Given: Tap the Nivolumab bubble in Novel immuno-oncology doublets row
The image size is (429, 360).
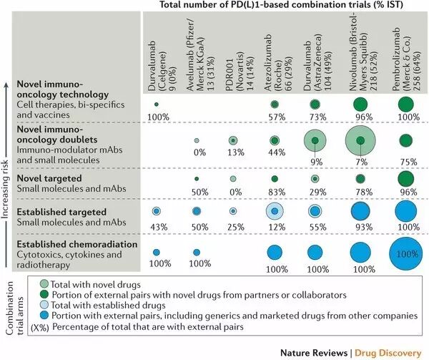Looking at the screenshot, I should (x=361, y=140).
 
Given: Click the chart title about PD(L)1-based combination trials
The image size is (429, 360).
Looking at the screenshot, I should (x=286, y=6).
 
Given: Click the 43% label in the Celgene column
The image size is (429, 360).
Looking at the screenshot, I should (x=155, y=227).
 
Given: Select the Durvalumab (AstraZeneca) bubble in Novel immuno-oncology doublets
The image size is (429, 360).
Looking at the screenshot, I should (x=315, y=140).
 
